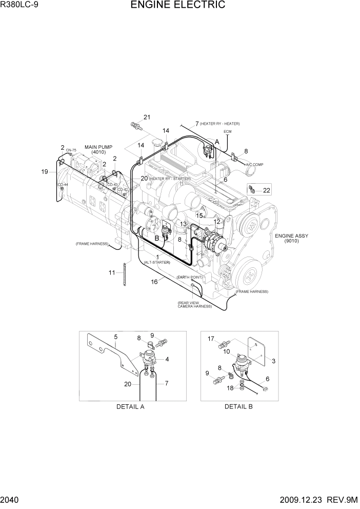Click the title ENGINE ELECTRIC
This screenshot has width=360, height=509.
(x=178, y=6)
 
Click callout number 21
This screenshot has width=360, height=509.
(x=147, y=118)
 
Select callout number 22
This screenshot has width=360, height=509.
(x=266, y=190)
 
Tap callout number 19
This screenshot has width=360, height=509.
(x=45, y=172)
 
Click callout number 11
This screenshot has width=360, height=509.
(x=112, y=272)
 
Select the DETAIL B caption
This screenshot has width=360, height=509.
(x=238, y=406)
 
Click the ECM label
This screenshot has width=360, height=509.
(x=227, y=132)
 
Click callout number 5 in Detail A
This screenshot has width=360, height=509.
(x=116, y=337)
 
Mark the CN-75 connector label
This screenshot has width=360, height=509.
(x=71, y=150)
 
